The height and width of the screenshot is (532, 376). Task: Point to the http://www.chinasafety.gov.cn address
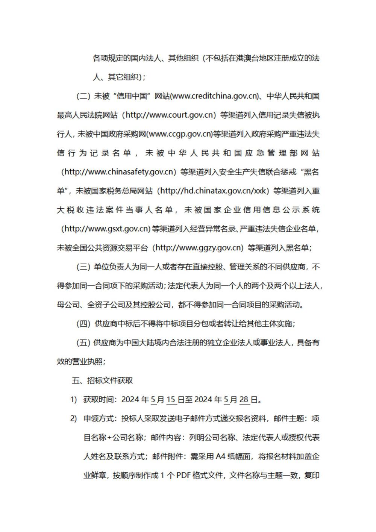118,172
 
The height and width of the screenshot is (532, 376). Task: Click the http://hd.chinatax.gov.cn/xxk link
213,191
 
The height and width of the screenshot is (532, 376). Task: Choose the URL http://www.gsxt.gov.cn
105,229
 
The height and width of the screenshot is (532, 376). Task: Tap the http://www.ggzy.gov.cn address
199,248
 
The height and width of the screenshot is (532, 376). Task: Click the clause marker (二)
83,96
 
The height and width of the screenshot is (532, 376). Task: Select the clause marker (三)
83,267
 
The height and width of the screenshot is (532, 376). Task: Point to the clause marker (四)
83,324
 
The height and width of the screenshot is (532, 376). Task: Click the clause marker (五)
83,343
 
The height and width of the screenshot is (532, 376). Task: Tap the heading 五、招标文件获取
102,380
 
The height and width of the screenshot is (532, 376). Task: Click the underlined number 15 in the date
171,400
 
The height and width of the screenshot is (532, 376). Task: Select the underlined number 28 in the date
244,400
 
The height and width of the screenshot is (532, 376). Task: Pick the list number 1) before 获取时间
74,400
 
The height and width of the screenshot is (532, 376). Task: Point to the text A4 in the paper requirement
220,457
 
